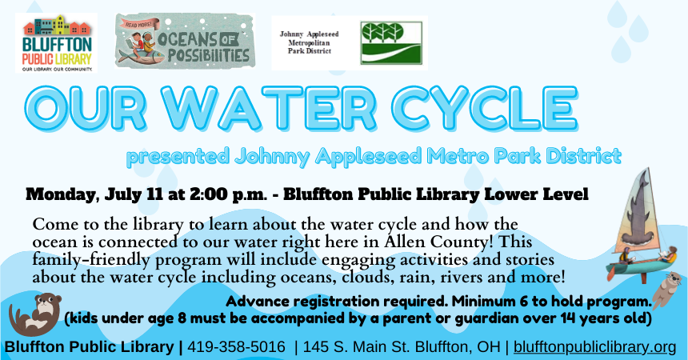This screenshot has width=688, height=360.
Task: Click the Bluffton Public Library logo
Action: point(55,42)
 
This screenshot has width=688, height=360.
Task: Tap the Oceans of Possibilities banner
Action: point(183,40)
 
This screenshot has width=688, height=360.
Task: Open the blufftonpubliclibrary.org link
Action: point(594,347)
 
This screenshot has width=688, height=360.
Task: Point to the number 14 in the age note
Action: point(550,319)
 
